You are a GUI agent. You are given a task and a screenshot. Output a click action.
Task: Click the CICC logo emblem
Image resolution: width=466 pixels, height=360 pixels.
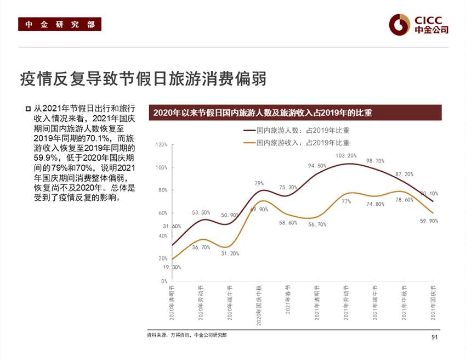400,24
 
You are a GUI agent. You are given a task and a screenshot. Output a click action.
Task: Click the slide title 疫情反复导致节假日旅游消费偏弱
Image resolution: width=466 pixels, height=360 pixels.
143,78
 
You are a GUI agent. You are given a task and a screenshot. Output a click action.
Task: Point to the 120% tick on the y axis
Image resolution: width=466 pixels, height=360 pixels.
162,145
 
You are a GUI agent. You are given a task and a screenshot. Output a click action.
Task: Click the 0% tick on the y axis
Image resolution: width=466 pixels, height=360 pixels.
164,281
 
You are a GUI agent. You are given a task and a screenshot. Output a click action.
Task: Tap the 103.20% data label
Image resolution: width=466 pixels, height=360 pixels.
346,156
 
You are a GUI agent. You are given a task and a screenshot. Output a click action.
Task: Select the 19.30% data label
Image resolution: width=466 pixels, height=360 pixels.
172,267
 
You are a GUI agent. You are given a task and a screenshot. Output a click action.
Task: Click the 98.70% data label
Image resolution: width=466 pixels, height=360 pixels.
375,161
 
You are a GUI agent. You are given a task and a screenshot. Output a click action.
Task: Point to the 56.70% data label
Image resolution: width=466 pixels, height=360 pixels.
317,224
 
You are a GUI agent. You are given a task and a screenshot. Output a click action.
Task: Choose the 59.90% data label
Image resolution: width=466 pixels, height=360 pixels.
429,221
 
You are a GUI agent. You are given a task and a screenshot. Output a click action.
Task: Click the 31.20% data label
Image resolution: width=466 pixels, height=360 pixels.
230,254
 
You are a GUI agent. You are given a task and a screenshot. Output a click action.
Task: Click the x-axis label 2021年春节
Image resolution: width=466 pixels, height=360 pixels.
288,300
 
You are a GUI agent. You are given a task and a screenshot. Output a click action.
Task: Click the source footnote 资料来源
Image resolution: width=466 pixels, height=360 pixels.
187,335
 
